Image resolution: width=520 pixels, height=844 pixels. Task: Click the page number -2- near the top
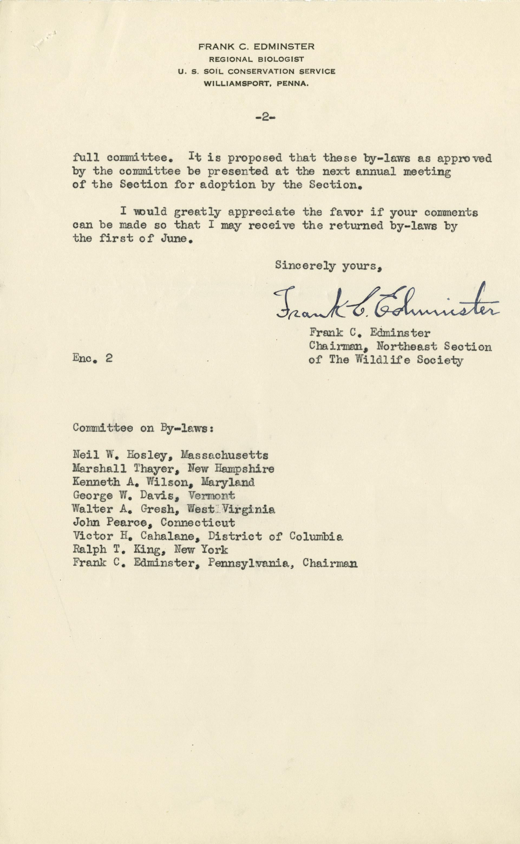tap(265, 117)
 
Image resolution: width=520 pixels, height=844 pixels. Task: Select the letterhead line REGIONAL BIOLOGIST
tap(256, 59)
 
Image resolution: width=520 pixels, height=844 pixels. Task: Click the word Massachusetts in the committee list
tap(225, 455)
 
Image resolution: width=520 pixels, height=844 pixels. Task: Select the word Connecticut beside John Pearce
tap(198, 523)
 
